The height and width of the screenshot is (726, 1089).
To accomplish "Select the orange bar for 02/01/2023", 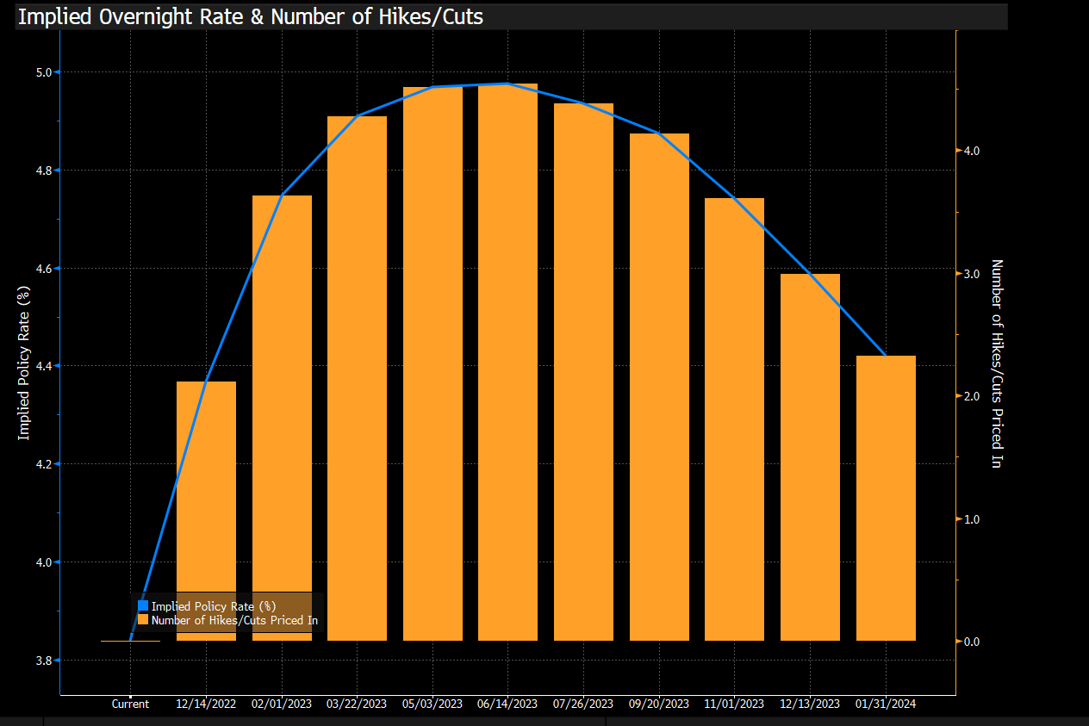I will pyautogui.click(x=282, y=418).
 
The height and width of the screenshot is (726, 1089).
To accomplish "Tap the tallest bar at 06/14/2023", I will pyautogui.click(x=507, y=362).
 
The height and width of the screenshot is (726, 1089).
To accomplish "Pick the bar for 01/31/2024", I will pyautogui.click(x=886, y=498).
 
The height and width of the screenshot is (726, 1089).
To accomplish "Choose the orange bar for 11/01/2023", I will pyautogui.click(x=734, y=419).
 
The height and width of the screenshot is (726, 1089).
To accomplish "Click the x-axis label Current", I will pyautogui.click(x=130, y=704).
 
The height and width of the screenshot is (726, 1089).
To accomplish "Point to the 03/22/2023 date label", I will pyautogui.click(x=357, y=704).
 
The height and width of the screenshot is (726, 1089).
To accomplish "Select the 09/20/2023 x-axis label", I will pyautogui.click(x=659, y=704).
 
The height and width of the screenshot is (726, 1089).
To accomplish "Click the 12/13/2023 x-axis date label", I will pyautogui.click(x=810, y=704).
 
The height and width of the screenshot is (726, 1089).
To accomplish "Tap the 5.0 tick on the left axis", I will pyautogui.click(x=41, y=72).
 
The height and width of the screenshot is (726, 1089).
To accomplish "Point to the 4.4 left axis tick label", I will pyautogui.click(x=41, y=366).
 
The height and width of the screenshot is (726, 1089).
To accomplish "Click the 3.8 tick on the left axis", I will pyautogui.click(x=41, y=661).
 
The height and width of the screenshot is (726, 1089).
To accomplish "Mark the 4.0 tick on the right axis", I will pyautogui.click(x=972, y=151).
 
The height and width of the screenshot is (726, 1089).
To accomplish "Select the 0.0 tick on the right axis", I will pyautogui.click(x=972, y=642).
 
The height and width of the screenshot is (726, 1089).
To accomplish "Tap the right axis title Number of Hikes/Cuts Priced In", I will pyautogui.click(x=996, y=363).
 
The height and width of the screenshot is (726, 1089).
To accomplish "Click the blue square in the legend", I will pyautogui.click(x=143, y=605).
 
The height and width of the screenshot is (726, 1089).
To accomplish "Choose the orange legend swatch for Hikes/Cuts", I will pyautogui.click(x=143, y=620).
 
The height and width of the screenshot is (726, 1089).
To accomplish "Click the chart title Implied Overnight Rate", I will pyautogui.click(x=250, y=16).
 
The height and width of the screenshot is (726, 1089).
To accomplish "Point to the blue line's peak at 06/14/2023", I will pyautogui.click(x=507, y=84).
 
